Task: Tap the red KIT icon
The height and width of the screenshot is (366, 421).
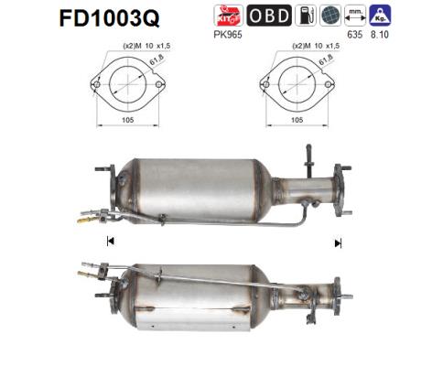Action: (226, 16)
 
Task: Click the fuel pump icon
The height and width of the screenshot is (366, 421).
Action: (305, 16)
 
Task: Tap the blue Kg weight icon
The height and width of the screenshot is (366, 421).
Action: (380, 16)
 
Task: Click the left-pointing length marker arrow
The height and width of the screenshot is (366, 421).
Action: (111, 242)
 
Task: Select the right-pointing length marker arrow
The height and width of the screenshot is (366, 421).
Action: (339, 242)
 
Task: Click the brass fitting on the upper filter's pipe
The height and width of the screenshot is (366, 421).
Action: (86, 220)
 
